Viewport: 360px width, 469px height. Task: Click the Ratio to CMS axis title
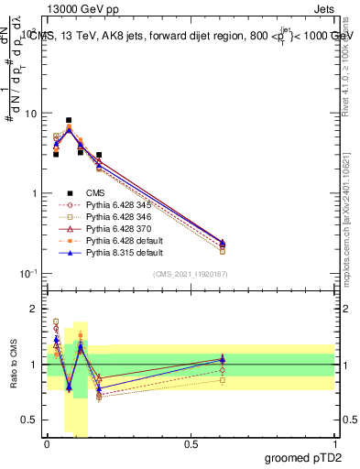pos(13,365)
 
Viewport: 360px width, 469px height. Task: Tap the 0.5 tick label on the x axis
pos(191,443)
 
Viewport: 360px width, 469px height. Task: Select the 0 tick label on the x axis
pos(47,443)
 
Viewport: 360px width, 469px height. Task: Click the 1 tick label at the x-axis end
pos(334,443)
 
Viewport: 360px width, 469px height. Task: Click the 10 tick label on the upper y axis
pos(32,114)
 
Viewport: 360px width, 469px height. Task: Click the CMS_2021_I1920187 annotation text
pos(191,274)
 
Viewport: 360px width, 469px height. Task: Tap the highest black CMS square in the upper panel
pos(69,120)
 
